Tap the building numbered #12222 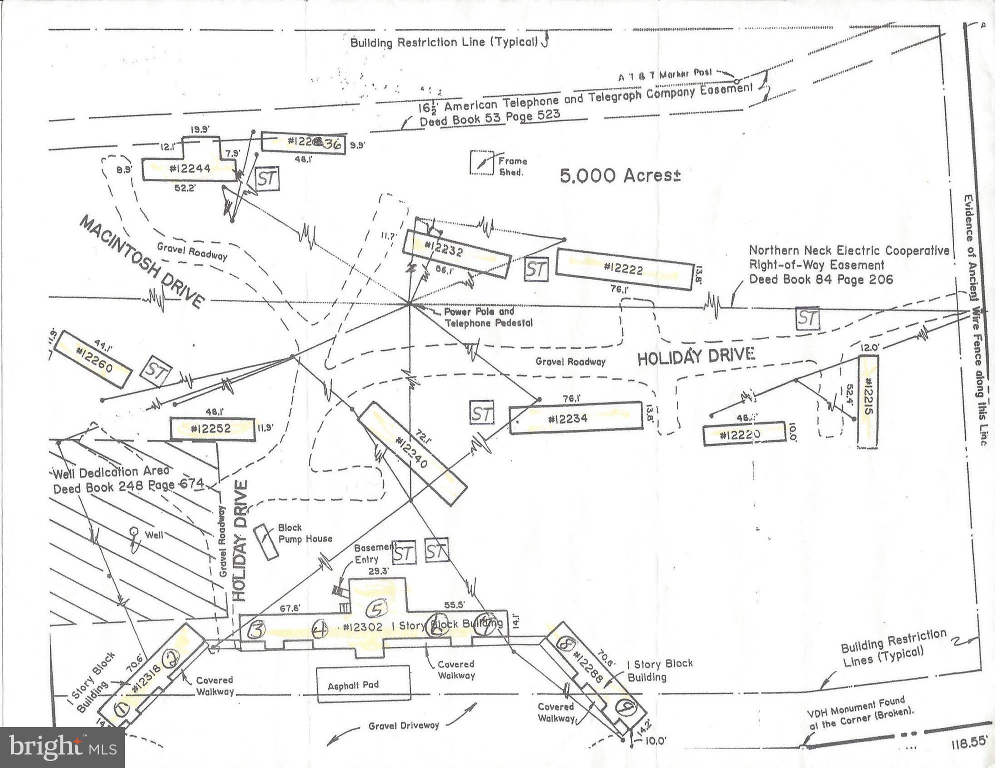click(x=624, y=268)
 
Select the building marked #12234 click(x=575, y=418)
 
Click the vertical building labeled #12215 click(x=868, y=401)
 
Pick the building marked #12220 click(x=743, y=435)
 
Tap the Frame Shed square click(x=481, y=163)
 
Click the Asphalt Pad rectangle click(x=363, y=683)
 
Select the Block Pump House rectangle click(x=266, y=542)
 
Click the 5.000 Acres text click(x=619, y=175)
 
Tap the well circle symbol click(x=133, y=530)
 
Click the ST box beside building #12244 click(x=267, y=178)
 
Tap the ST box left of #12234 click(x=481, y=413)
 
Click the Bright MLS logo click(x=62, y=747)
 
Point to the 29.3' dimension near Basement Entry click(x=378, y=570)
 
